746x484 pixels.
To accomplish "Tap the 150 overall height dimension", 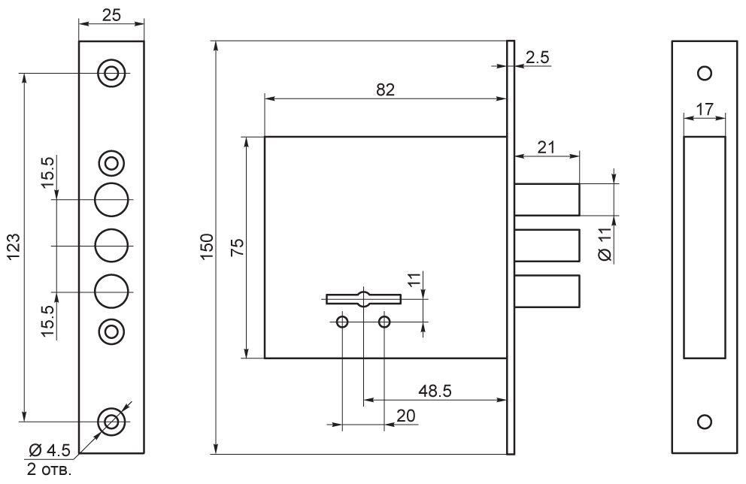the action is pyautogui.click(x=208, y=247).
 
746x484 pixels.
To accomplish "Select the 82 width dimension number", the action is pyautogui.click(x=385, y=89).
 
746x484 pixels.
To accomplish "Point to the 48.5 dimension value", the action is pyautogui.click(x=435, y=391).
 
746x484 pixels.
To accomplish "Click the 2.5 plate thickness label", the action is pyautogui.click(x=538, y=58).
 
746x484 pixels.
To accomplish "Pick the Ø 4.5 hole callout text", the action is pyautogui.click(x=50, y=449).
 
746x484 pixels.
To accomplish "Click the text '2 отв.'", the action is pyautogui.click(x=50, y=470).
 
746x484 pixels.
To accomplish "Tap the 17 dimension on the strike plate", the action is pyautogui.click(x=705, y=110).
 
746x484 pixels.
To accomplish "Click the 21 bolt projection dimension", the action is pyautogui.click(x=546, y=147).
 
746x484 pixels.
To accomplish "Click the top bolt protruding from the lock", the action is pyautogui.click(x=547, y=199).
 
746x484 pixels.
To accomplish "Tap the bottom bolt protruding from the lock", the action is pyautogui.click(x=547, y=291).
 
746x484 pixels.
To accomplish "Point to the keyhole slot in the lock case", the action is pyautogui.click(x=363, y=299).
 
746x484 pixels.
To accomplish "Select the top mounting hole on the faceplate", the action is pyautogui.click(x=111, y=74).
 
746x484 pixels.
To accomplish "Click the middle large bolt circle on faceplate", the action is pyautogui.click(x=111, y=246).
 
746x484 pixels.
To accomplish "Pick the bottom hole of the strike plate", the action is pyautogui.click(x=704, y=422).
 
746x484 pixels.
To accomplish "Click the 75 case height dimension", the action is pyautogui.click(x=237, y=247).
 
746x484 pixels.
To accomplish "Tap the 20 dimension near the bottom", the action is pyautogui.click(x=405, y=416).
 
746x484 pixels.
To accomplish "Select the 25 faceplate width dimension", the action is pyautogui.click(x=111, y=15).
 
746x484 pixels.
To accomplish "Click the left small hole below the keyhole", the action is pyautogui.click(x=342, y=322).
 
